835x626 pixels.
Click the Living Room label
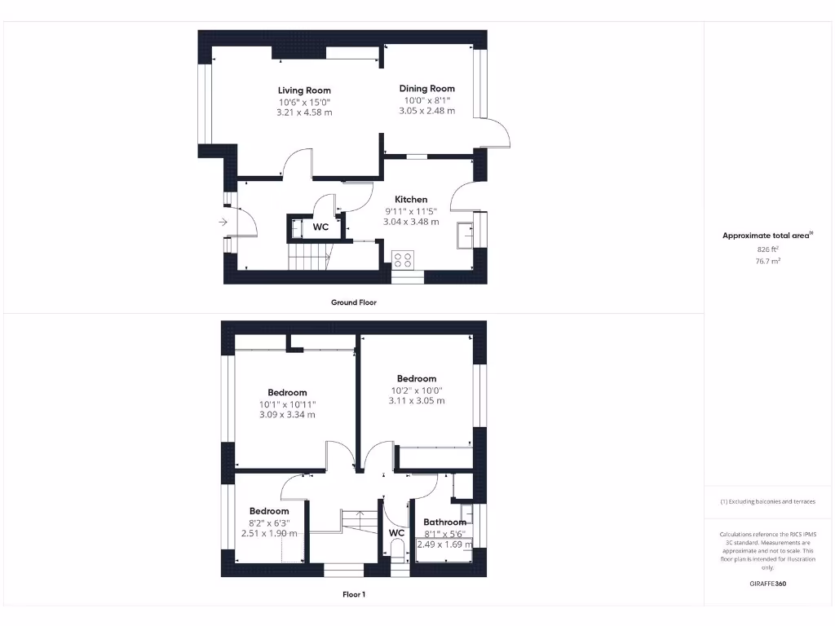click(304, 90)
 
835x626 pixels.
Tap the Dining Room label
click(426, 88)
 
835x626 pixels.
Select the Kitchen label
click(411, 200)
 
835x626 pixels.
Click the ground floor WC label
click(321, 227)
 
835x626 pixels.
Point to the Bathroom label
click(444, 522)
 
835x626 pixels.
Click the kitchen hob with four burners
click(403, 260)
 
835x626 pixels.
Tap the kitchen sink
click(465, 233)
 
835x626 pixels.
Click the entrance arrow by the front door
click(223, 221)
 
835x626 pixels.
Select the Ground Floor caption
click(354, 302)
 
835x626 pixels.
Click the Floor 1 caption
click(354, 595)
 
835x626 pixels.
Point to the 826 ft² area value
click(767, 249)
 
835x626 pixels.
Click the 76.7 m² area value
click(767, 261)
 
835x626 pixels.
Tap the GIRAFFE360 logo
click(767, 584)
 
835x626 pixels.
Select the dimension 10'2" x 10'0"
click(417, 390)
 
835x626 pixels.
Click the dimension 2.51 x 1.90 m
click(269, 533)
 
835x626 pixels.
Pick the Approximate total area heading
click(767, 236)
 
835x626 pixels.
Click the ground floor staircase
click(309, 261)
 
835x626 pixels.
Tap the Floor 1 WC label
click(396, 533)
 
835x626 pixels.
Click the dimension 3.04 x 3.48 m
click(411, 222)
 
